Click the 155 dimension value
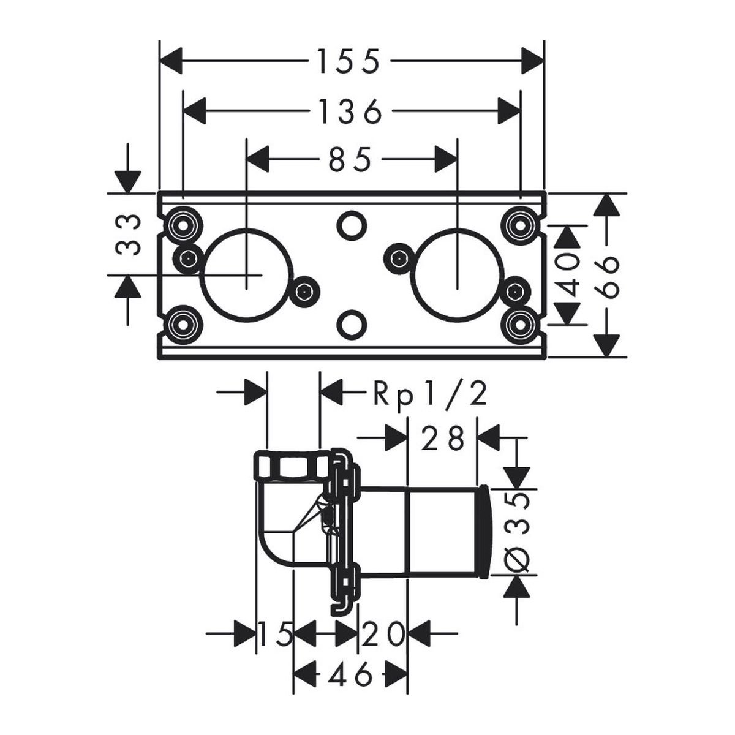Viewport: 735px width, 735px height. (349, 61)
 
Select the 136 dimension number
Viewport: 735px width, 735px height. (350, 111)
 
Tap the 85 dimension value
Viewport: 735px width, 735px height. (350, 159)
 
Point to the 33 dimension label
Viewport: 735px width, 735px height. (128, 234)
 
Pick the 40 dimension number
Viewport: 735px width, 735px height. (567, 276)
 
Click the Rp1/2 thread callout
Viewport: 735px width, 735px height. (430, 395)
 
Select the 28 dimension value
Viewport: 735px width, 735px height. (442, 438)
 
